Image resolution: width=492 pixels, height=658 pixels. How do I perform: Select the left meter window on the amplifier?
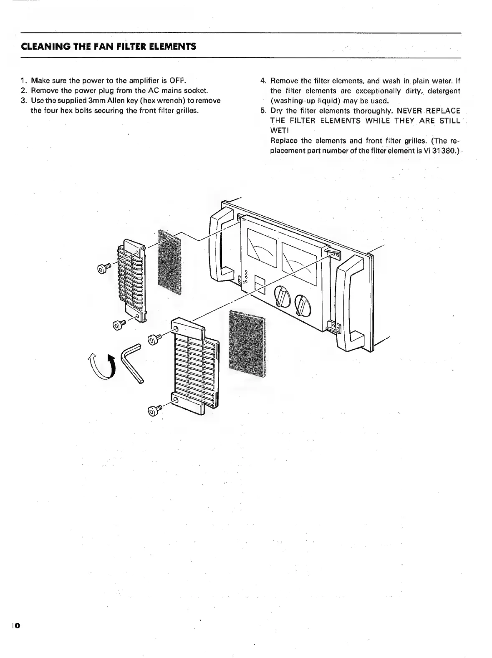[x=262, y=249]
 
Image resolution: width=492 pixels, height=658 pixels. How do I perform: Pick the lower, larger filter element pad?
[x=247, y=345]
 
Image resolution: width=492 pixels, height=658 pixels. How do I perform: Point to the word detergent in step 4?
[x=444, y=91]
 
